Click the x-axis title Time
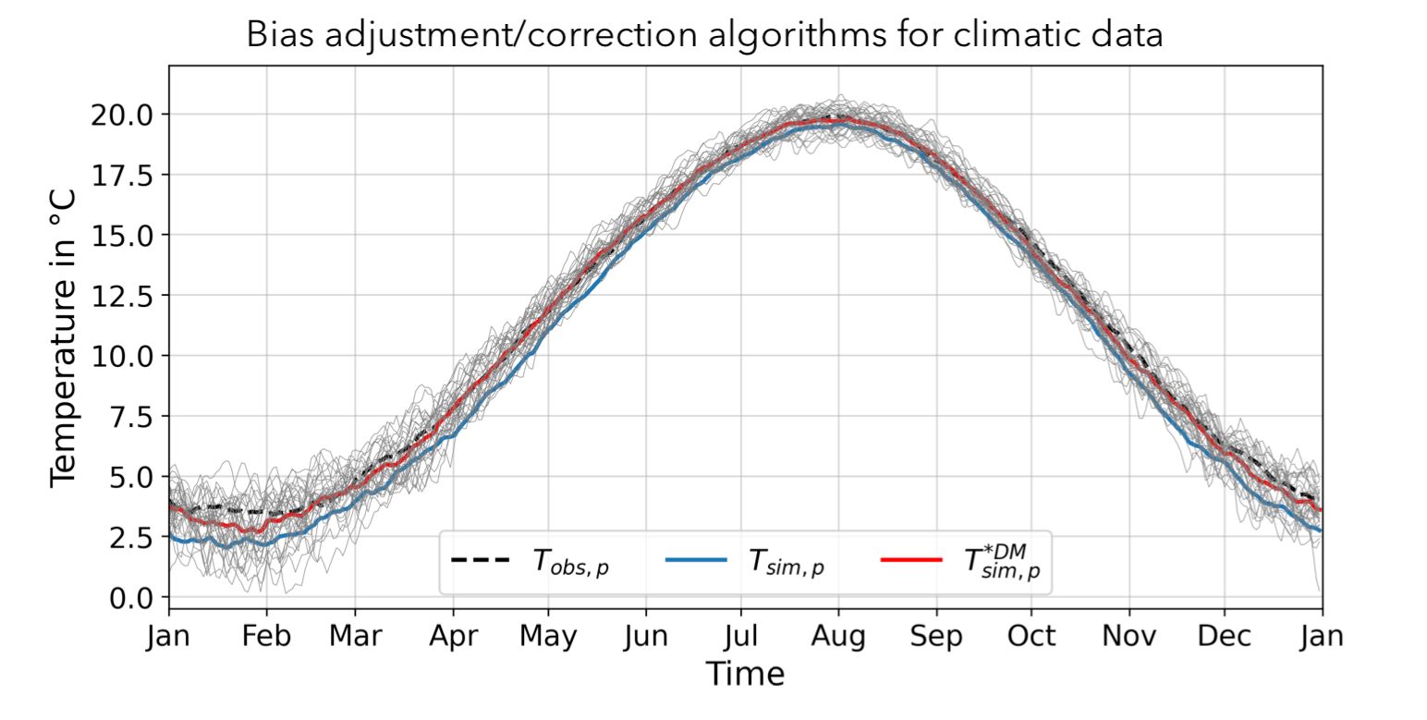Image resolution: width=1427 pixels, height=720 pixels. pos(745,673)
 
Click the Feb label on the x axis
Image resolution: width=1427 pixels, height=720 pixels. pos(266,637)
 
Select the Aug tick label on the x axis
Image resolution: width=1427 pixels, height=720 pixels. pos(838,637)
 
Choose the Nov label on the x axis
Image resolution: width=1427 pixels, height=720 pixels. pos(1128,637)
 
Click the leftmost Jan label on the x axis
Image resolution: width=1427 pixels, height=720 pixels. pos(168,637)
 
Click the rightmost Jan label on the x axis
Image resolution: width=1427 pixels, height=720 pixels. pos(1322,637)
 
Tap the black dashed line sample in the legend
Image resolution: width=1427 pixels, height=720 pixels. pos(480,560)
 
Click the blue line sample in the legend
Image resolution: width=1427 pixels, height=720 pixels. pos(695,560)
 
